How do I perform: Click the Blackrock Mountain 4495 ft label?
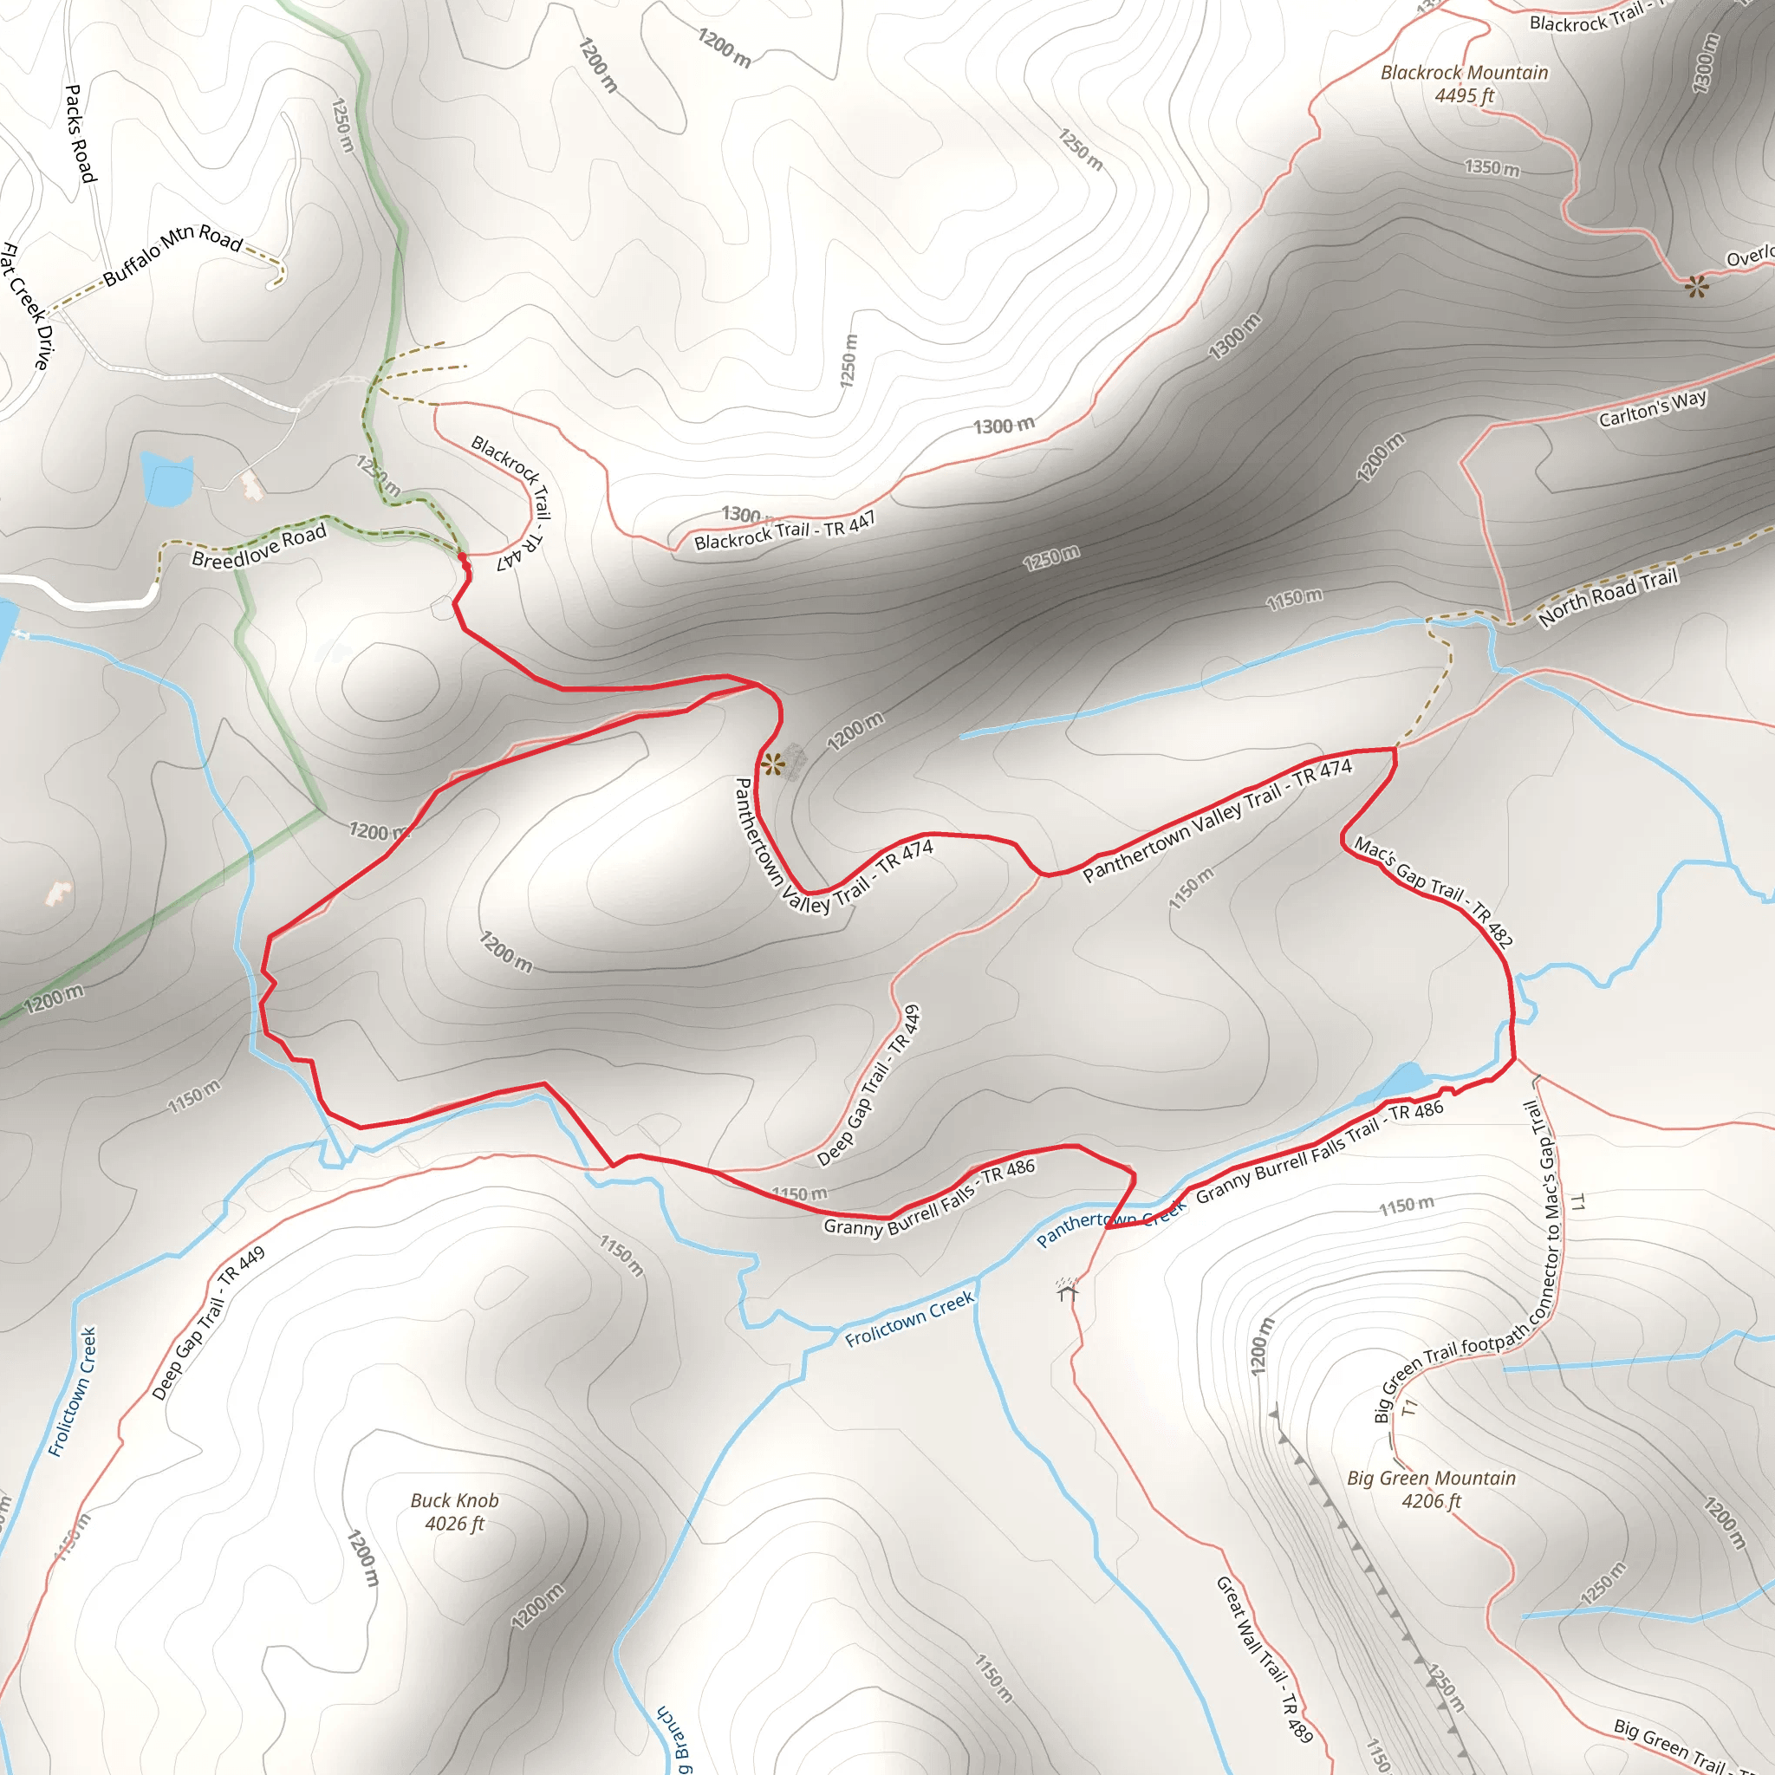point(1464,83)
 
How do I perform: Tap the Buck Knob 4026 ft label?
point(454,1512)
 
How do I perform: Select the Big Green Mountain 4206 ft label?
point(1430,1489)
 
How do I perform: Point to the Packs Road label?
point(80,133)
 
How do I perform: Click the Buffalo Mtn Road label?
point(172,255)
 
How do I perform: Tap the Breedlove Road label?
point(259,547)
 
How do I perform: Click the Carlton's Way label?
point(1652,408)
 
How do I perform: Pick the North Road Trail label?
point(1608,597)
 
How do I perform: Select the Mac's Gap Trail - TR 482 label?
point(1433,890)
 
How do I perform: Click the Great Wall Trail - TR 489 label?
point(1265,1659)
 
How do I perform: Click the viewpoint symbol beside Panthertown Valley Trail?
point(772,764)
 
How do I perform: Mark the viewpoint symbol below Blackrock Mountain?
point(1696,287)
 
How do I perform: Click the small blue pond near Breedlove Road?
point(167,479)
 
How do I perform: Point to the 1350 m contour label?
point(1491,168)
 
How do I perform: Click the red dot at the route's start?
point(461,556)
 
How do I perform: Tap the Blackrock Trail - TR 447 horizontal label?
point(783,532)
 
